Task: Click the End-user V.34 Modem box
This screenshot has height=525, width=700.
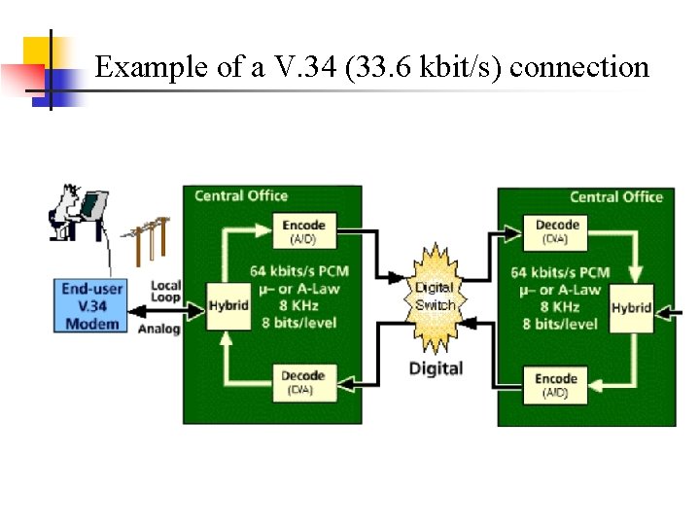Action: click(91, 305)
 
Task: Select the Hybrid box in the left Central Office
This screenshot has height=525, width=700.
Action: click(228, 305)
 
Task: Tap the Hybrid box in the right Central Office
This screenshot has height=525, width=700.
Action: click(631, 307)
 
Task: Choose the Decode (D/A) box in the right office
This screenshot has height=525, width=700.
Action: click(558, 230)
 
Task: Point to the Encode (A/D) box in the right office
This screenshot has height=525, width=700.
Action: click(556, 384)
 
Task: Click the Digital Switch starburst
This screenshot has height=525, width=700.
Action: click(434, 297)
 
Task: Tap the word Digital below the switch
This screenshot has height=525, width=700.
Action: click(436, 368)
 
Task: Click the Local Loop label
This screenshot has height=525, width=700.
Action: click(165, 292)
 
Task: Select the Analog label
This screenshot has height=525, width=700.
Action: click(159, 329)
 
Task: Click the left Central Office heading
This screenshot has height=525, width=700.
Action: click(240, 195)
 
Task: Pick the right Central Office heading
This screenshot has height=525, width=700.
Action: click(615, 196)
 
